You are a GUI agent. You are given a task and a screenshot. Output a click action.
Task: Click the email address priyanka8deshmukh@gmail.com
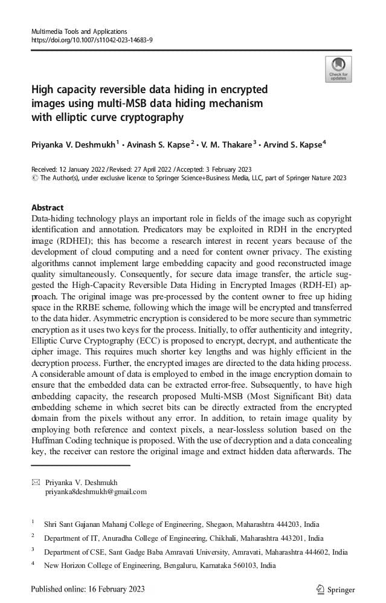pyautogui.click(x=96, y=492)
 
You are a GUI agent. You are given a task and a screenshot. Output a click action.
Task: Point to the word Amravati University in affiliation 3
pyautogui.click(x=204, y=552)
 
